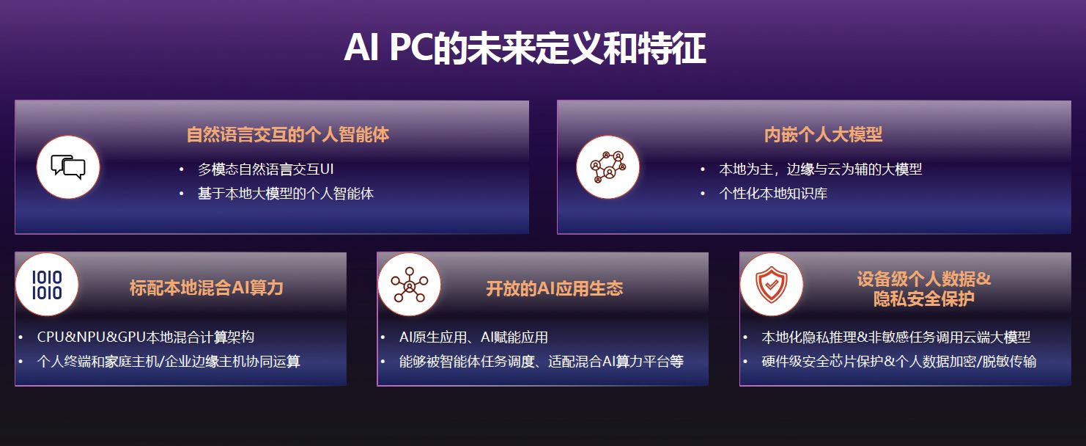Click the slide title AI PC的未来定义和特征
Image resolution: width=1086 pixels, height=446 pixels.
[525, 48]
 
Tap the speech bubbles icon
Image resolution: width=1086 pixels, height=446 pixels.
[68, 167]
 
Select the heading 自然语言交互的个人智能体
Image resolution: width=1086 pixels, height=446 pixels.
[287, 134]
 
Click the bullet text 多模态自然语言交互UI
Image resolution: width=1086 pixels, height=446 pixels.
[266, 169]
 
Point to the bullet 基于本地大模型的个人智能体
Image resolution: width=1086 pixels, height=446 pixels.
[286, 193]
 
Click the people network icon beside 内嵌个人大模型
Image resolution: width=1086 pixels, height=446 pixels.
[607, 167]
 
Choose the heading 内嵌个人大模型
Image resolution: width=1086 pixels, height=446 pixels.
[823, 134]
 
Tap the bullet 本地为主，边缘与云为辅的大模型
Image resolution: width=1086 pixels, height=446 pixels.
[820, 169]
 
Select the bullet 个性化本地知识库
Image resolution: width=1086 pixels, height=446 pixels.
[773, 193]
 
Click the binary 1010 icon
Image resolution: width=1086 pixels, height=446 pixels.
[47, 285]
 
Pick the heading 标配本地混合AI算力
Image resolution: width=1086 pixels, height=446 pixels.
[207, 288]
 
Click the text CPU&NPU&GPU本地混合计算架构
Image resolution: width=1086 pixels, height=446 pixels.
[145, 337]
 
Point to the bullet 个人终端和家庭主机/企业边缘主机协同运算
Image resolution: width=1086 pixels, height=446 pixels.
[169, 361]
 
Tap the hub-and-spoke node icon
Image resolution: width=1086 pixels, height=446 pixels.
[409, 285]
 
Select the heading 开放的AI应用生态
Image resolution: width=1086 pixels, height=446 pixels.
[555, 289]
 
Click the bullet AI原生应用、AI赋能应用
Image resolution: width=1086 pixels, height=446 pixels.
[473, 337]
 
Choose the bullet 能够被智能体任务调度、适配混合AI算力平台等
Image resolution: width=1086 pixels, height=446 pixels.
[542, 361]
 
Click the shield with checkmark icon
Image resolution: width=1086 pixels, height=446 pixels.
[772, 285]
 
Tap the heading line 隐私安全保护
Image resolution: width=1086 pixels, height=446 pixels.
[923, 299]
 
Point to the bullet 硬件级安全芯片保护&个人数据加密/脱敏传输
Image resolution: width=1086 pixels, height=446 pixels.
[899, 361]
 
